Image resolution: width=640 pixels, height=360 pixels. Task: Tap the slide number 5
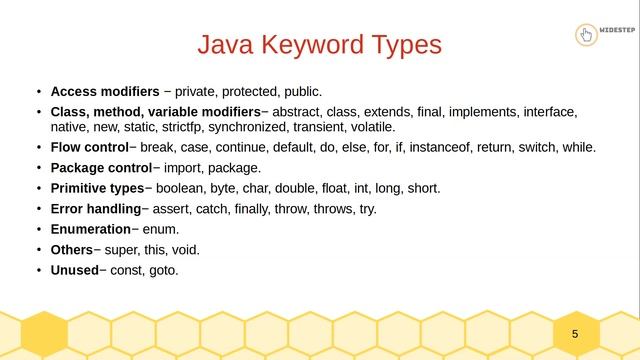click(x=575, y=333)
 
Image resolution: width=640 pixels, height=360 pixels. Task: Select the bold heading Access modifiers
click(x=104, y=92)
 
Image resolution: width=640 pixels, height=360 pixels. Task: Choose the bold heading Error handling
click(x=95, y=208)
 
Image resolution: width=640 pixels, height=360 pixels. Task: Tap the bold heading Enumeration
click(x=90, y=229)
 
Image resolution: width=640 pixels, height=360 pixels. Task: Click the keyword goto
click(x=163, y=270)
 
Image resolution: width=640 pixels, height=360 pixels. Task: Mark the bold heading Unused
click(x=74, y=270)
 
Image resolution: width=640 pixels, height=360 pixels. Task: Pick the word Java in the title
click(x=226, y=46)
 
